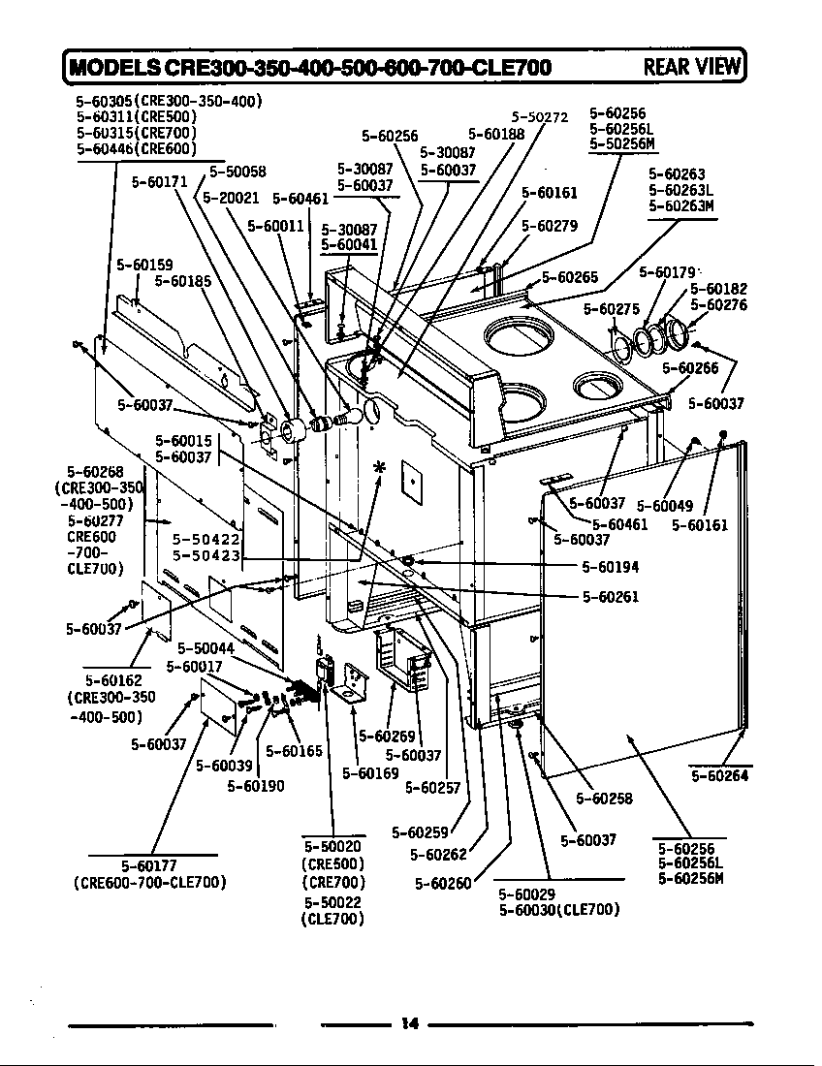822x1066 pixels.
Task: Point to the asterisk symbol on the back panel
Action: pos(380,468)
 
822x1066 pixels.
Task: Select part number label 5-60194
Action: pos(611,567)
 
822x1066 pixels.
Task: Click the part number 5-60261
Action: pos(611,597)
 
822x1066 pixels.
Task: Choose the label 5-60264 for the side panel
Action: pos(719,775)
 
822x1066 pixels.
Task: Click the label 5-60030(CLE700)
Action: pos(558,910)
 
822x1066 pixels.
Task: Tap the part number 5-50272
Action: pos(539,117)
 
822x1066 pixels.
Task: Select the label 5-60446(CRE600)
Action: pos(137,148)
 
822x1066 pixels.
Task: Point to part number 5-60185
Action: pos(183,282)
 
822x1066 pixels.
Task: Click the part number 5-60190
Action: pos(256,786)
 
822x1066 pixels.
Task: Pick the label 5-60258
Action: pos(604,799)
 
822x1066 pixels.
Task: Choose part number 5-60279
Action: pos(550,227)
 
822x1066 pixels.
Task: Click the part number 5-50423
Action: pos(206,555)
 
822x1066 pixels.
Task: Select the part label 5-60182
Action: pos(718,289)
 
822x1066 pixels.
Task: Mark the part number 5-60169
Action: pos(370,773)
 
